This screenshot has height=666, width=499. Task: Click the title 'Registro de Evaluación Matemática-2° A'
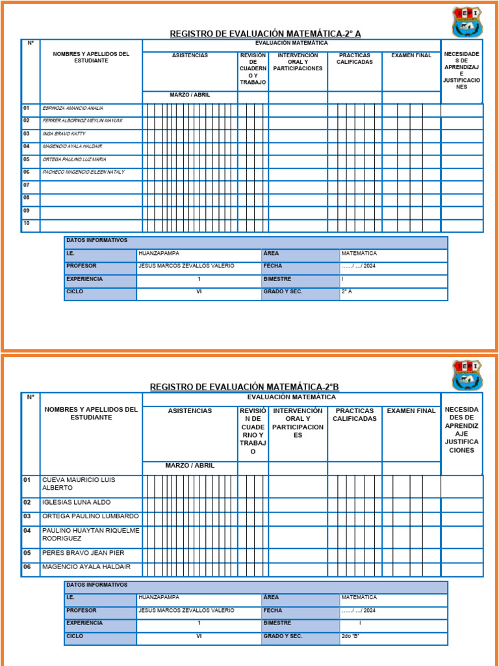tap(265, 33)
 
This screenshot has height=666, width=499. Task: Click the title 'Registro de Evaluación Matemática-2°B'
tap(244, 387)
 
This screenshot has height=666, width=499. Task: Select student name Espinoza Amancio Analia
tap(73, 109)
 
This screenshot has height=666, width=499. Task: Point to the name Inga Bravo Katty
tap(64, 134)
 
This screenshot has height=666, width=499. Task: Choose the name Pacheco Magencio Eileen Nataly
tap(83, 172)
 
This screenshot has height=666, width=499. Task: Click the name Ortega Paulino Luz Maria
tap(74, 159)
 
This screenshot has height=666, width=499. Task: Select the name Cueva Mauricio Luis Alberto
tap(78, 484)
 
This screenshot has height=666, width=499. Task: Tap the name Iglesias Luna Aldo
tap(76, 503)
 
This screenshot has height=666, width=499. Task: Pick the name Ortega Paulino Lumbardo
tap(90, 516)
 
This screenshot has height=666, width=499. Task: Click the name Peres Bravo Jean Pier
tap(83, 553)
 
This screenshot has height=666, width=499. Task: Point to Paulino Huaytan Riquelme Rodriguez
tap(90, 535)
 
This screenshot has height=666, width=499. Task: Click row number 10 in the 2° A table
tap(27, 223)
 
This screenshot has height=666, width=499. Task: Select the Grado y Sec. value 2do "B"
tap(351, 637)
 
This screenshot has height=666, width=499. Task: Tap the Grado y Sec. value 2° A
tap(347, 292)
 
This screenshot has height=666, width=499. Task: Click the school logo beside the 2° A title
tap(467, 22)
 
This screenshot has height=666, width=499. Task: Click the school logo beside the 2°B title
tap(467, 375)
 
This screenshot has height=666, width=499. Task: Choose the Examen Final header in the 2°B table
tap(411, 411)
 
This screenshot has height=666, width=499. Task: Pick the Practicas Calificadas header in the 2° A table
tap(355, 59)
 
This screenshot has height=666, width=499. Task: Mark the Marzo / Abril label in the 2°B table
tap(190, 466)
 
